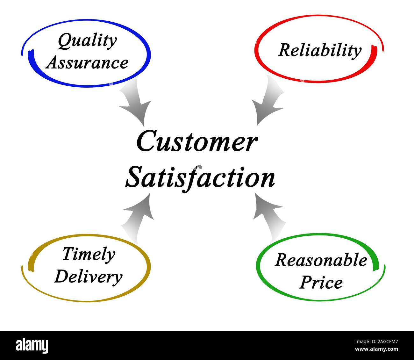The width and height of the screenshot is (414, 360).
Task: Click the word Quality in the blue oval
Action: point(87,41)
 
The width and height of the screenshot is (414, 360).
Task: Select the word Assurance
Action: point(87,63)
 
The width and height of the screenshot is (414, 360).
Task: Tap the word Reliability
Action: point(319,51)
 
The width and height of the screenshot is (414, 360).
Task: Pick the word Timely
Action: point(89,255)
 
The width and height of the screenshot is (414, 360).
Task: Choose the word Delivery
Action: point(88,277)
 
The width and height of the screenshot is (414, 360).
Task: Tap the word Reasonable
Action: point(321,260)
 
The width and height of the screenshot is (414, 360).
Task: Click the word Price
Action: point(321,283)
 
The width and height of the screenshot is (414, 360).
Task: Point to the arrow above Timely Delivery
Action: point(138,218)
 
